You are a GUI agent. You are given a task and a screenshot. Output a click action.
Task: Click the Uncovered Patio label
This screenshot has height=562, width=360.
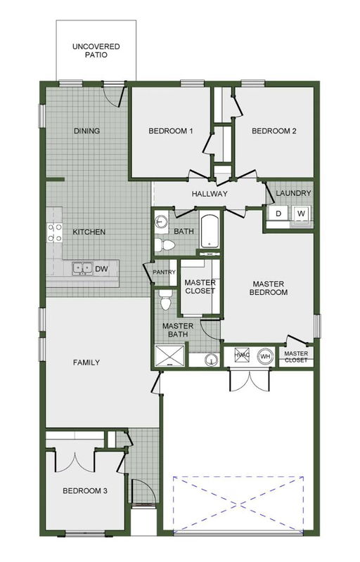96,51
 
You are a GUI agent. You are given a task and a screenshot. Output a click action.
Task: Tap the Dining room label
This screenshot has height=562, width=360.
86,131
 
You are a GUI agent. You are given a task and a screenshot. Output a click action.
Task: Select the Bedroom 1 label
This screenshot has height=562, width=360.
171,131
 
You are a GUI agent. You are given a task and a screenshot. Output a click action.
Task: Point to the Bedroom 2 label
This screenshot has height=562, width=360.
274,131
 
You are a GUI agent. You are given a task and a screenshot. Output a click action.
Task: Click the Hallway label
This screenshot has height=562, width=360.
210,194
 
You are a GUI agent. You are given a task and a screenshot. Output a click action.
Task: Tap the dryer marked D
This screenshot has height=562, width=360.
278,214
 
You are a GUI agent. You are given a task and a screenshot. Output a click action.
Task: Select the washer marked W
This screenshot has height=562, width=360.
302,214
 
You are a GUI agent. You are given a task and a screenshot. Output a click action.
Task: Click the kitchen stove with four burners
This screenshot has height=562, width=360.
55,233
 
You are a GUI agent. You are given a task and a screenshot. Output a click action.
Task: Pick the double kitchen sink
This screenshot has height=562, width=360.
82,268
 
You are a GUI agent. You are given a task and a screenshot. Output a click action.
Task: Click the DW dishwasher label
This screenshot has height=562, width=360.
102,269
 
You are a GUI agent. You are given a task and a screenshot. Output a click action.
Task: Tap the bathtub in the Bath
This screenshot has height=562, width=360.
210,232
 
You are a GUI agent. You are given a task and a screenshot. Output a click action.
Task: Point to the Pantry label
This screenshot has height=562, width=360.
165,272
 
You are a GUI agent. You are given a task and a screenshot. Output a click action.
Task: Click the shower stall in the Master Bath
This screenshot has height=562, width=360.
169,355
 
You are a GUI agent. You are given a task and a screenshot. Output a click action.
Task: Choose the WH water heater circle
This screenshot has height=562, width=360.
265,356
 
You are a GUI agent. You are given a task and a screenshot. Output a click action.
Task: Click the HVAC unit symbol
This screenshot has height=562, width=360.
242,355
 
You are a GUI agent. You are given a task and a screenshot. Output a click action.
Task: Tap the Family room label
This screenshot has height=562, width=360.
86,362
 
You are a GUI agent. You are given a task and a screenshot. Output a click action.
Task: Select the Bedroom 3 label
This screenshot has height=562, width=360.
85,490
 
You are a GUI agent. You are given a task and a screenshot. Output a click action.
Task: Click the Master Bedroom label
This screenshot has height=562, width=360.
269,288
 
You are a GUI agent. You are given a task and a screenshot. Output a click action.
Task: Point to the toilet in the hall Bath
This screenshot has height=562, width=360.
165,245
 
